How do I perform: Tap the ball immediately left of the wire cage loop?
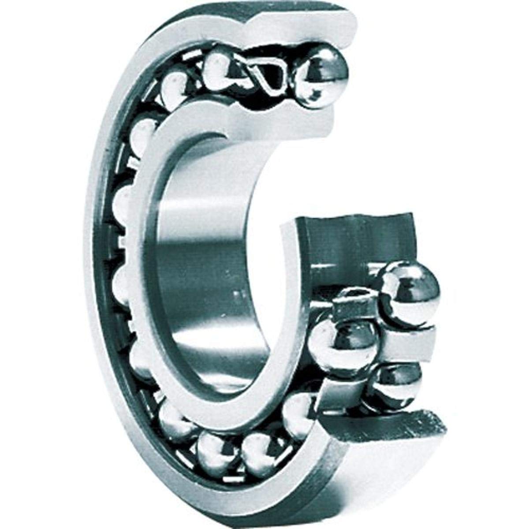click(x=220, y=66)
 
